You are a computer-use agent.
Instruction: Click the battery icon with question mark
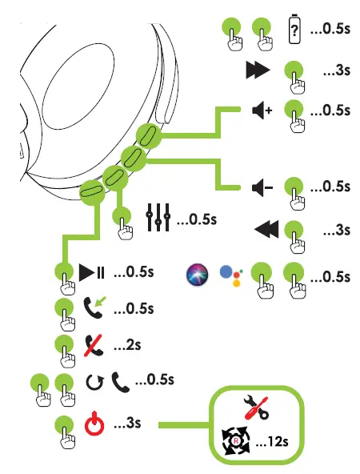click(294, 30)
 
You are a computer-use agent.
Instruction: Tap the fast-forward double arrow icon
click(258, 71)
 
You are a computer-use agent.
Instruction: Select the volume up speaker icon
click(262, 110)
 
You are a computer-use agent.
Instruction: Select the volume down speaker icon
click(262, 187)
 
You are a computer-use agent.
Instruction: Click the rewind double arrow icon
click(265, 231)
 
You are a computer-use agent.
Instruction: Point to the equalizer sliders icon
click(158, 218)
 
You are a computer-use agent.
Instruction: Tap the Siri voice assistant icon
click(196, 274)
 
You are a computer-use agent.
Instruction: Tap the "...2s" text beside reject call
click(127, 346)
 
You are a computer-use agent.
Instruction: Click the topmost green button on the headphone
click(148, 135)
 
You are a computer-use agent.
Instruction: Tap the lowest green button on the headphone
click(91, 189)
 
